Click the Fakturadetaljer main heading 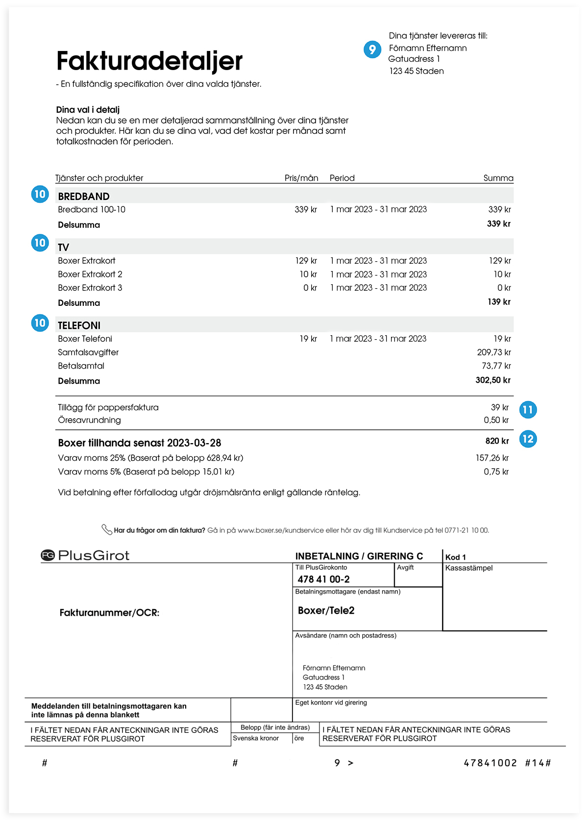[x=149, y=61]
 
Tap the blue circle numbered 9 [x=372, y=50]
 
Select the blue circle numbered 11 [x=528, y=410]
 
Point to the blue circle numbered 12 [x=528, y=439]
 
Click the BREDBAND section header [x=84, y=197]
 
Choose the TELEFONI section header [x=79, y=325]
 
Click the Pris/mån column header [x=301, y=178]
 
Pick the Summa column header [x=498, y=178]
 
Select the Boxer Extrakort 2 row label [x=90, y=274]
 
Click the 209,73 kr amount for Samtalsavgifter [x=493, y=352]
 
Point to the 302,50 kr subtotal [x=492, y=380]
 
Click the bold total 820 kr [x=497, y=441]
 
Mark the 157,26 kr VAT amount [x=492, y=458]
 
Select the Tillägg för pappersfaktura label [x=108, y=407]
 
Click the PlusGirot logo [x=85, y=555]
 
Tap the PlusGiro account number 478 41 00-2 [x=323, y=579]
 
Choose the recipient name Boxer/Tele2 [x=326, y=611]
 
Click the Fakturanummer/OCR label [x=109, y=613]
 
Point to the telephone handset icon [x=106, y=529]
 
